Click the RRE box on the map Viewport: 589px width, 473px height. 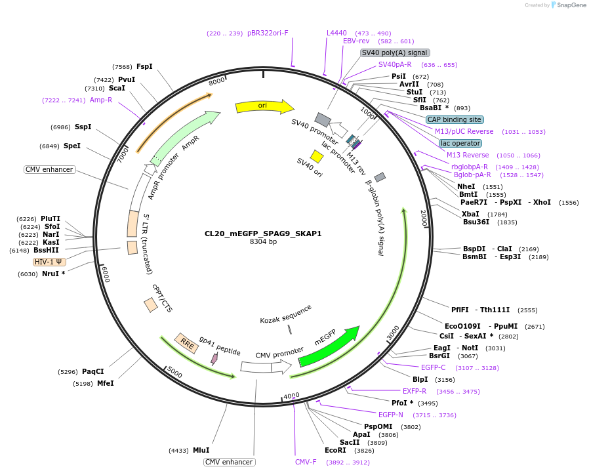click(186, 343)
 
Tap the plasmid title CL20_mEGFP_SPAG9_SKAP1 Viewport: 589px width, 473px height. click(263, 233)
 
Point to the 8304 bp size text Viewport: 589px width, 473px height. click(263, 242)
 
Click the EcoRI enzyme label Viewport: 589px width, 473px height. click(335, 451)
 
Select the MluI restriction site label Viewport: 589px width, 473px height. click(201, 451)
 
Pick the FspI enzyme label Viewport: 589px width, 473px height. click(144, 66)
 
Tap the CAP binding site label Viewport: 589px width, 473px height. click(455, 119)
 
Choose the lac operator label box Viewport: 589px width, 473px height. click(460, 143)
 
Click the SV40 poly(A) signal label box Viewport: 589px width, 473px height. click(395, 52)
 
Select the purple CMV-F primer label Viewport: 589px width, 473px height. click(306, 462)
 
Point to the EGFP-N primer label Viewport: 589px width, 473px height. click(391, 415)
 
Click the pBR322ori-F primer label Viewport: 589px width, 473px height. click(268, 33)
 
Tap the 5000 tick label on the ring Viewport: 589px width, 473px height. click(174, 372)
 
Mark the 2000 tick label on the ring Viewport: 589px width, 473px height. click(424, 219)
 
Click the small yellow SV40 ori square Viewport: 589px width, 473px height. click(317, 156)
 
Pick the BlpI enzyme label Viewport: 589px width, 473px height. click(420, 379)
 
